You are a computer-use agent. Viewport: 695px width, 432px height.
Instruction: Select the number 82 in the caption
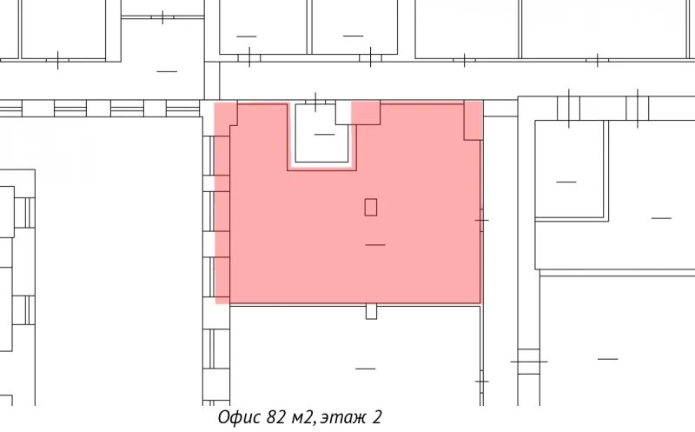[277, 418]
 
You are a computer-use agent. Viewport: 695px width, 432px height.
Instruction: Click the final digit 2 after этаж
[377, 418]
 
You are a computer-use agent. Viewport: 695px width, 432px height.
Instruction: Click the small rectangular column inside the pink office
[371, 207]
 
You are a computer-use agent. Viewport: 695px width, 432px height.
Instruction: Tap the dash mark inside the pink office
[375, 245]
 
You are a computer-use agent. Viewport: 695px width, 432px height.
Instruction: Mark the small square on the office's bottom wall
[371, 310]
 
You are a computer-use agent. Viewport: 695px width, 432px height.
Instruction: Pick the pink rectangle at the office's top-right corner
[473, 120]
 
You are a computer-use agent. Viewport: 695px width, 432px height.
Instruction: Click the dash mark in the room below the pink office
[366, 369]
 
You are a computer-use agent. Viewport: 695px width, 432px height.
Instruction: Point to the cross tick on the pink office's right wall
[481, 220]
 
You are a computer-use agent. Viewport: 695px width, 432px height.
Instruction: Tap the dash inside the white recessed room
[324, 135]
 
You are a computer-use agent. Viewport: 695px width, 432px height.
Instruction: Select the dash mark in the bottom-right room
[607, 358]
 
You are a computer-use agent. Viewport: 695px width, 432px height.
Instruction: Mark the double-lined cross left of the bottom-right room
[528, 361]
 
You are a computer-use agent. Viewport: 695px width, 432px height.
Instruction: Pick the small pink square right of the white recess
[366, 112]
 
